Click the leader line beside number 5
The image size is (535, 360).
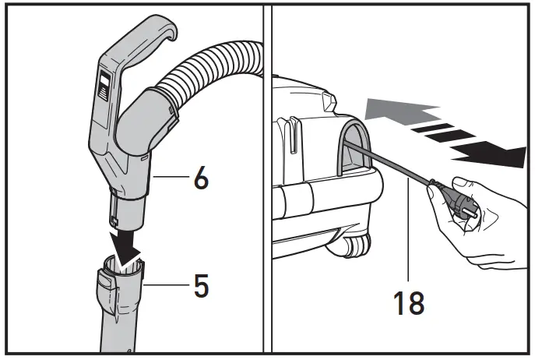click(167, 286)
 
